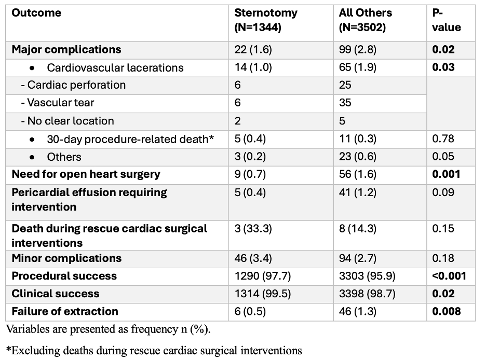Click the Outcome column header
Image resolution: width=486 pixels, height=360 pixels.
(36, 13)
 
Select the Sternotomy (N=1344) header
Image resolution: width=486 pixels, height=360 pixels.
(265, 20)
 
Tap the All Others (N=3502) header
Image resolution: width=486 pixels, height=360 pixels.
(366, 20)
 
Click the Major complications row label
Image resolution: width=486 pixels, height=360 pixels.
(66, 50)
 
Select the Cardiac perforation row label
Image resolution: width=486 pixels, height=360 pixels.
(73, 85)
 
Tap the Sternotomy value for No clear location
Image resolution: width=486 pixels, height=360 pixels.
(238, 121)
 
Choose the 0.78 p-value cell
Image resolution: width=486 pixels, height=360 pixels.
(443, 139)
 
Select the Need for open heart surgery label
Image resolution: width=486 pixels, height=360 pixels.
(86, 174)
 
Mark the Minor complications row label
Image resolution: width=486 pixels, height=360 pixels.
(66, 258)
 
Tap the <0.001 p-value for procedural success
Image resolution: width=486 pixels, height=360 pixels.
(449, 276)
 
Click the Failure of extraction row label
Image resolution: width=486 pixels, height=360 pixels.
(65, 311)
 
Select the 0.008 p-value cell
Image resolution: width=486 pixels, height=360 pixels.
(446, 311)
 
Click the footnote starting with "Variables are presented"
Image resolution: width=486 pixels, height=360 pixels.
(108, 329)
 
